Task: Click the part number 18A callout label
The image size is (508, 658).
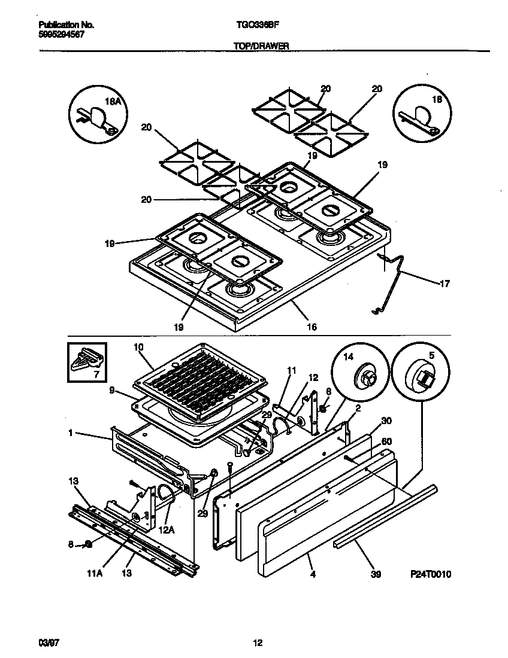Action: (x=113, y=102)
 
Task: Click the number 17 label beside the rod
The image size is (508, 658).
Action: (x=444, y=284)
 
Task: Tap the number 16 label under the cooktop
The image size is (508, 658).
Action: (x=312, y=327)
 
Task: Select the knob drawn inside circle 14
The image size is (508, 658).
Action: (x=365, y=377)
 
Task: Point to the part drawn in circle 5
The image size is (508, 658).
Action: (x=423, y=376)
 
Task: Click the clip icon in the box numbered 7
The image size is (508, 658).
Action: (x=86, y=359)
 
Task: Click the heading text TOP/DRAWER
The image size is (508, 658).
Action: (x=256, y=45)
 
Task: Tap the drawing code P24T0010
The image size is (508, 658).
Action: (x=430, y=574)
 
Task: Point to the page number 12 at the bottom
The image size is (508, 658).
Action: (x=258, y=644)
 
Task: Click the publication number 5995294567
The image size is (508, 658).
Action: (x=61, y=35)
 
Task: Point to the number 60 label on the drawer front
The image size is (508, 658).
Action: (x=386, y=442)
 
